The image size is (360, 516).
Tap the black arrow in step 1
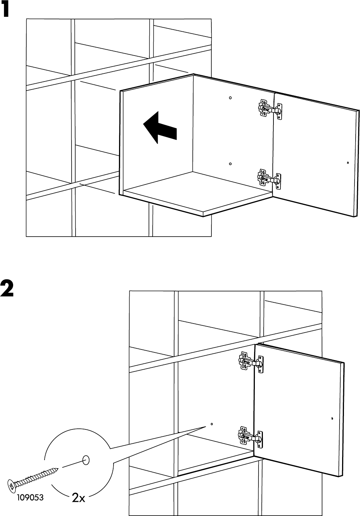tap(160, 128)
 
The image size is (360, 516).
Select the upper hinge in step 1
tap(270, 109)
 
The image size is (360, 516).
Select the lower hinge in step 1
tap(270, 179)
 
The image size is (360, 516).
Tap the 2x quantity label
tap(78, 497)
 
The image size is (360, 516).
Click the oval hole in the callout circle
tap(86, 459)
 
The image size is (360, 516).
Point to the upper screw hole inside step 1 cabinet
tap(230, 98)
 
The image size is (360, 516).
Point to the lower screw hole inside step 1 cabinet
tap(230, 164)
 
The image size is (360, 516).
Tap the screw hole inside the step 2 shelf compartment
tap(211, 424)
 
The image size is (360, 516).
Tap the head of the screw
tap(12, 485)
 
